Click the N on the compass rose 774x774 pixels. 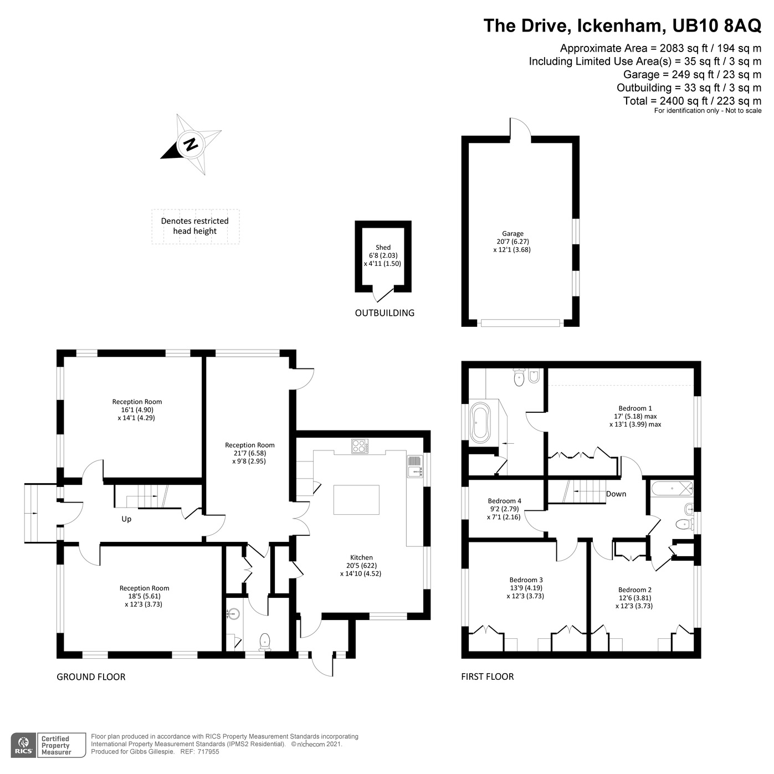(191, 145)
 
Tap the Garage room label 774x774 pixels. (512, 234)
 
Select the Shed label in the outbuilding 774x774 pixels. (383, 248)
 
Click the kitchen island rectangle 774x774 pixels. (356, 500)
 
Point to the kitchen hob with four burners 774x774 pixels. (360, 446)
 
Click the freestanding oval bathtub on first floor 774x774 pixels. (480, 423)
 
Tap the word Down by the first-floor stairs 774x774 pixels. (616, 494)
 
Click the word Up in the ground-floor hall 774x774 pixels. (126, 519)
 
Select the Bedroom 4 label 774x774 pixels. (504, 501)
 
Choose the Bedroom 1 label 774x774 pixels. (635, 408)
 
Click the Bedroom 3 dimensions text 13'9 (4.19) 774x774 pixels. (525, 588)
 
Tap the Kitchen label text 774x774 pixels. (361, 557)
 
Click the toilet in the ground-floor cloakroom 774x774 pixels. (265, 641)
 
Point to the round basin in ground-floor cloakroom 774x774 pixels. (234, 613)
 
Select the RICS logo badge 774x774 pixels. (24, 745)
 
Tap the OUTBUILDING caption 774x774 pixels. (385, 313)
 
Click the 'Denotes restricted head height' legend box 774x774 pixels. (195, 226)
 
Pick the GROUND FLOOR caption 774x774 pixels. (91, 676)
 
